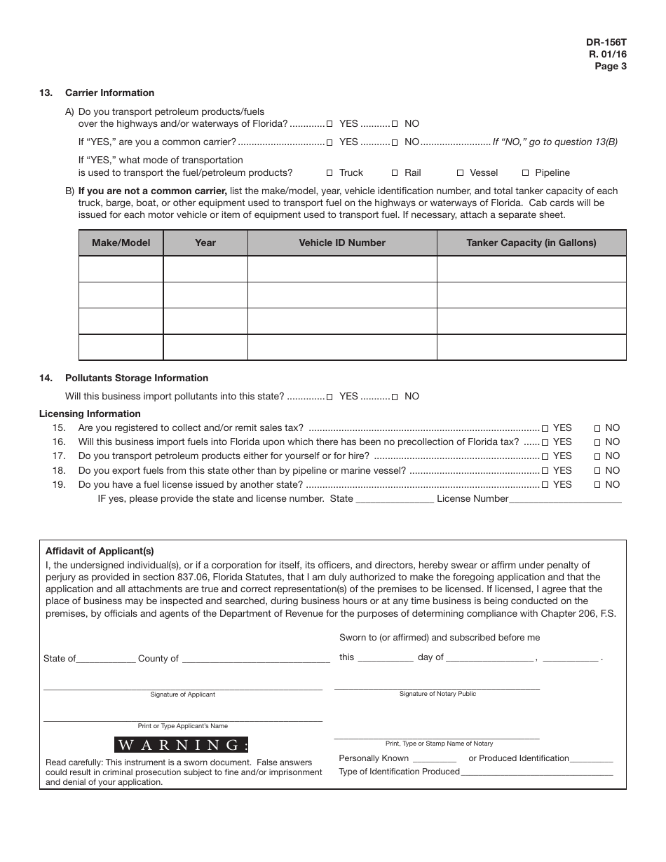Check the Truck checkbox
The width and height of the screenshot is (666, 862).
click(330, 173)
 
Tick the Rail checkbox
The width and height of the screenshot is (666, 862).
click(395, 173)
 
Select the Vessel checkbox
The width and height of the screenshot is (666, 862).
click(461, 173)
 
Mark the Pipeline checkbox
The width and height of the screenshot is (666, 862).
click(526, 173)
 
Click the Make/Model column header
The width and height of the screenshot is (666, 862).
click(121, 243)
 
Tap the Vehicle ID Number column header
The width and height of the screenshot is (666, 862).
click(342, 243)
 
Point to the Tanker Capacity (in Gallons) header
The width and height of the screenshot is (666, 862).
click(531, 243)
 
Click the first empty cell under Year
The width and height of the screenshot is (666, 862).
click(205, 269)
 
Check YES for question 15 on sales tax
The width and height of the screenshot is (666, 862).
click(545, 428)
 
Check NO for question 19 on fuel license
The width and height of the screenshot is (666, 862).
click(597, 485)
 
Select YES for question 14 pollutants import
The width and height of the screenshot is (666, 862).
click(330, 397)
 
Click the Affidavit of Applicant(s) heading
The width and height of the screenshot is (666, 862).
click(100, 551)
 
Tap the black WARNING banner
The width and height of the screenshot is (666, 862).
click(182, 744)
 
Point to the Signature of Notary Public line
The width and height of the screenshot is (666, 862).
click(437, 686)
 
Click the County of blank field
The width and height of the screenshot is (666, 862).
click(255, 659)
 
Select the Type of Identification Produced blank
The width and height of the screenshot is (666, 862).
click(536, 772)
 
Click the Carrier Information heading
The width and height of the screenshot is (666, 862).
click(109, 93)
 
